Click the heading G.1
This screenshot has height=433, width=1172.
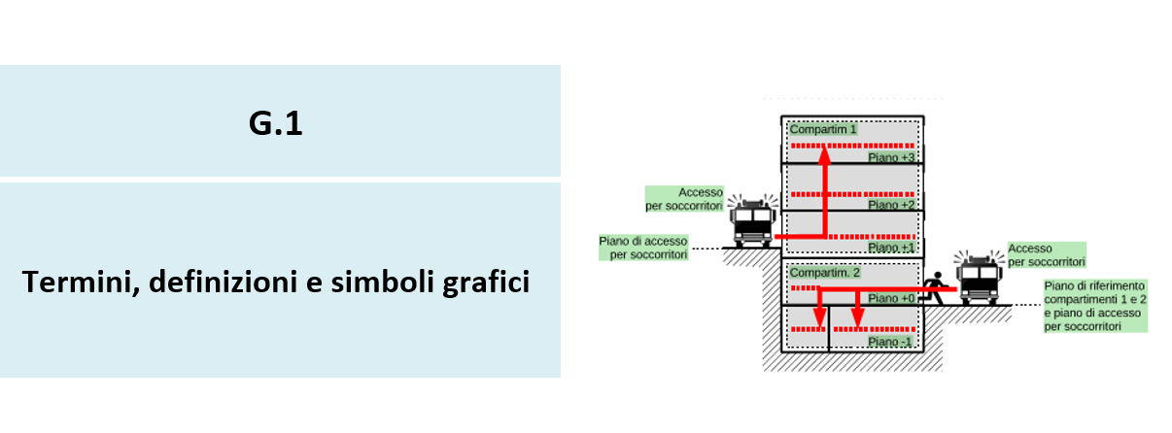point(275,124)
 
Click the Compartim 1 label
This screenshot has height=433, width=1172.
point(823,129)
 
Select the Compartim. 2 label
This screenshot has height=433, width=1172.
point(825,273)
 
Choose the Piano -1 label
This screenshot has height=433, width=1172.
point(890,342)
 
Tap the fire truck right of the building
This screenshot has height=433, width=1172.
point(978,281)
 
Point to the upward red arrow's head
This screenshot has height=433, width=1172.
point(824,150)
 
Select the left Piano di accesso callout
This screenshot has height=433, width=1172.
point(644,247)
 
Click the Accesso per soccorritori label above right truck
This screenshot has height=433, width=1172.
point(1047,255)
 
